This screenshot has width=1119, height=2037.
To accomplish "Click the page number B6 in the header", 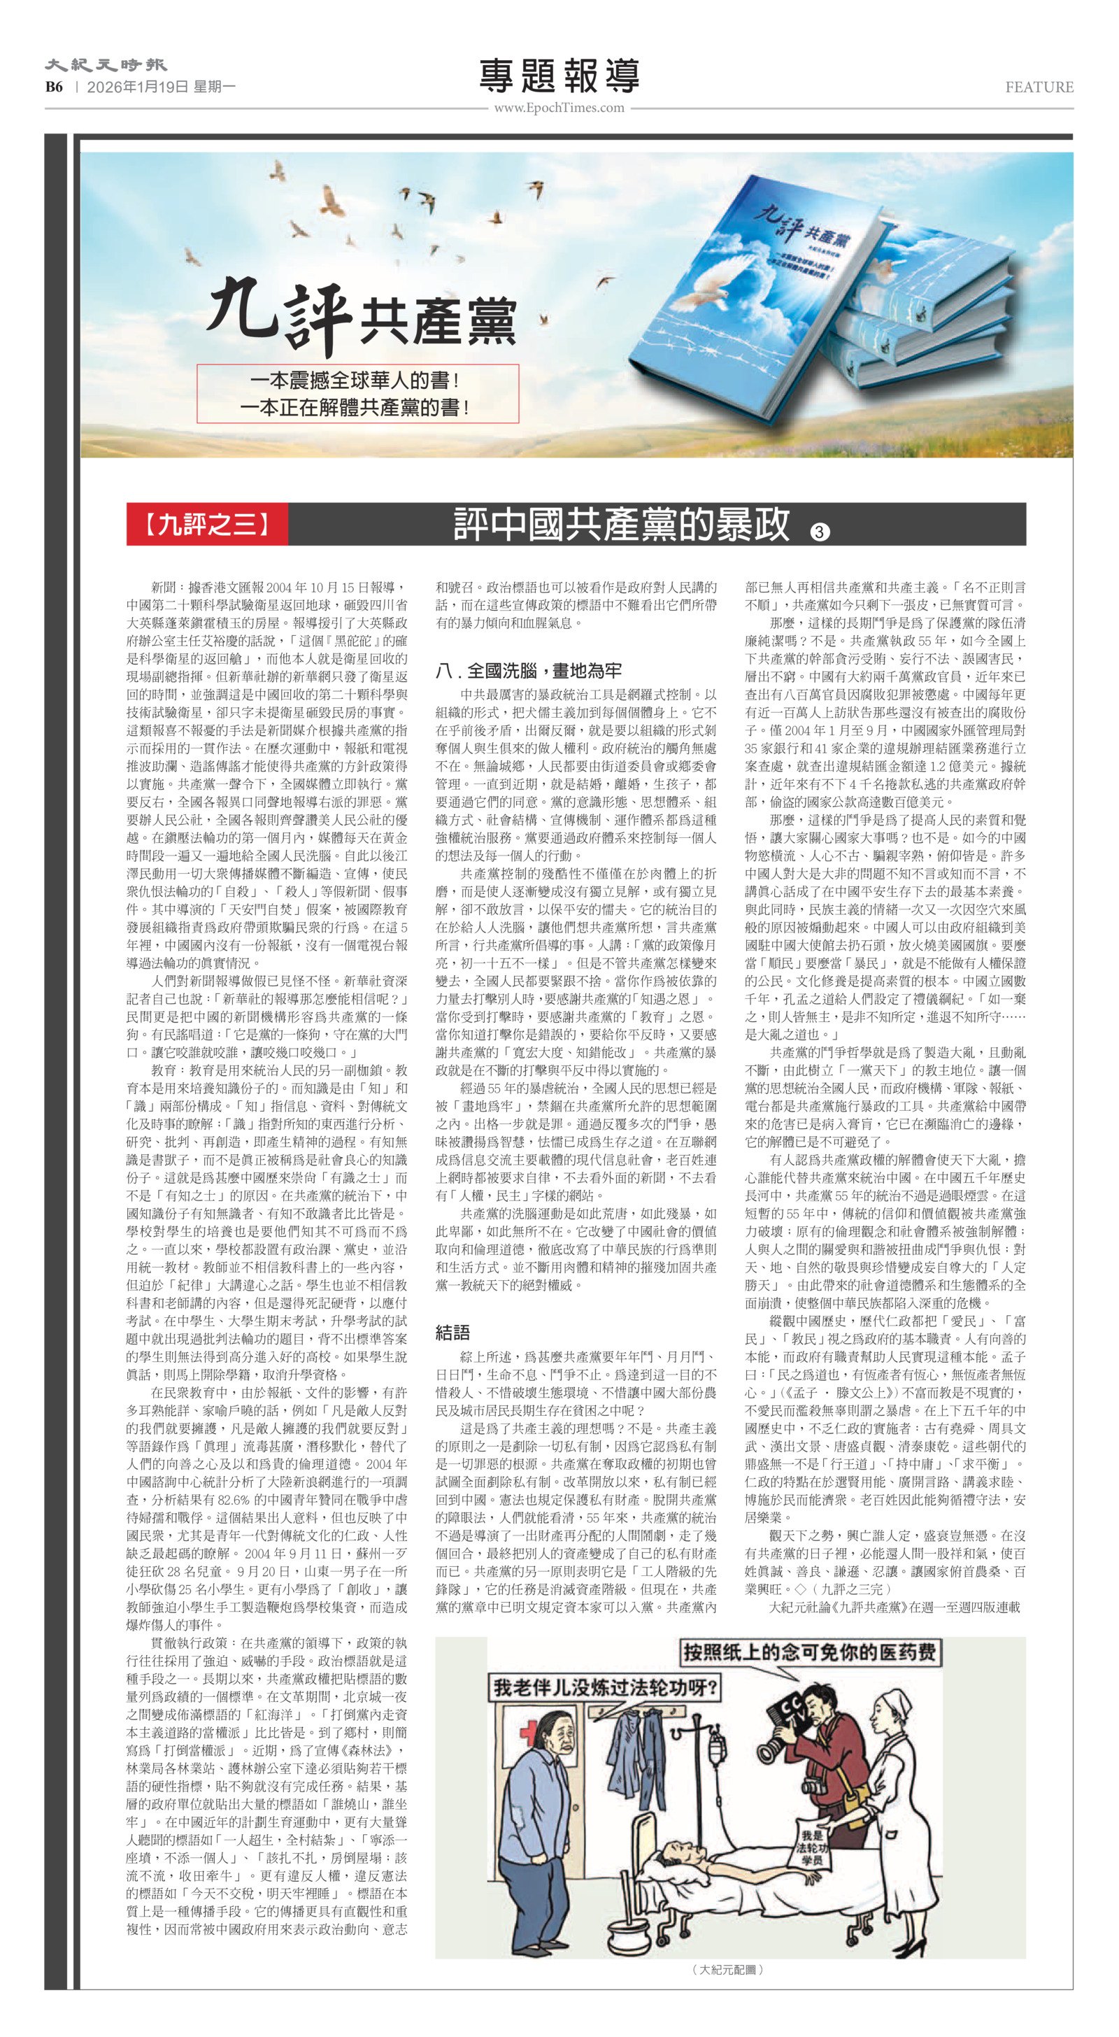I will tap(54, 87).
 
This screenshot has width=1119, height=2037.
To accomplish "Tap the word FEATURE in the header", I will tap(1039, 87).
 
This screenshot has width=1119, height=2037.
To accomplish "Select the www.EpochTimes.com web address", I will tap(559, 108).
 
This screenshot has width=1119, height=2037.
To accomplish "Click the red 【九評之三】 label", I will tap(207, 523).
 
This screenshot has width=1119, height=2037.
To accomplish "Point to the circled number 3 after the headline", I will tap(819, 532).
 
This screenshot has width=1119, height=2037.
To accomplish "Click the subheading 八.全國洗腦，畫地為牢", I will tap(528, 671).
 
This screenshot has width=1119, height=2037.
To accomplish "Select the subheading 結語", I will tap(452, 1333).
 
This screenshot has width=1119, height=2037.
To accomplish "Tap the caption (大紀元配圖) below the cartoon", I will tap(728, 1969).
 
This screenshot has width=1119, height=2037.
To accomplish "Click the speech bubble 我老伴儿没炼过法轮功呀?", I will tap(604, 1688).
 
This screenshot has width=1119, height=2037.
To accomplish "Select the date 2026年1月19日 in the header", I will tap(138, 87).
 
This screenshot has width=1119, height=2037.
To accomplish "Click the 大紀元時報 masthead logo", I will tap(105, 65).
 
